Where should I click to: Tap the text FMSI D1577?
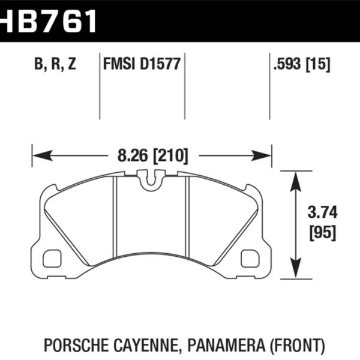coord(142,64)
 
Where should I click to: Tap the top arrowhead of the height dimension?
coord(294,178)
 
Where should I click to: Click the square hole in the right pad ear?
coord(248,258)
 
